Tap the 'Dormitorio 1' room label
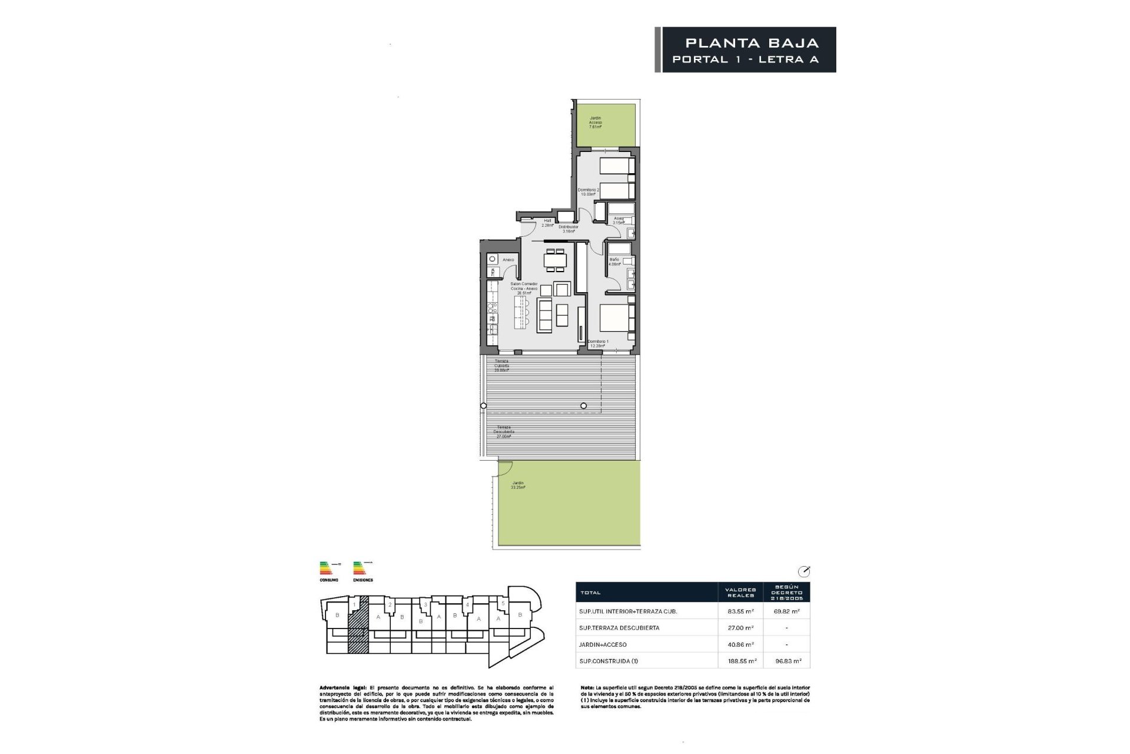click(599, 344)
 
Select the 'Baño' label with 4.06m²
click(614, 262)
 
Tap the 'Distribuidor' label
click(569, 229)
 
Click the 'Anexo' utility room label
click(508, 260)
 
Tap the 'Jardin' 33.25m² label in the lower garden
click(518, 485)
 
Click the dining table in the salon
click(556, 259)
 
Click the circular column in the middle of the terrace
click(584, 405)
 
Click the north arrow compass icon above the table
click(803, 571)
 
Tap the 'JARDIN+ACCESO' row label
click(603, 644)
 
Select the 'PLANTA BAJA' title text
click(752, 43)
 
